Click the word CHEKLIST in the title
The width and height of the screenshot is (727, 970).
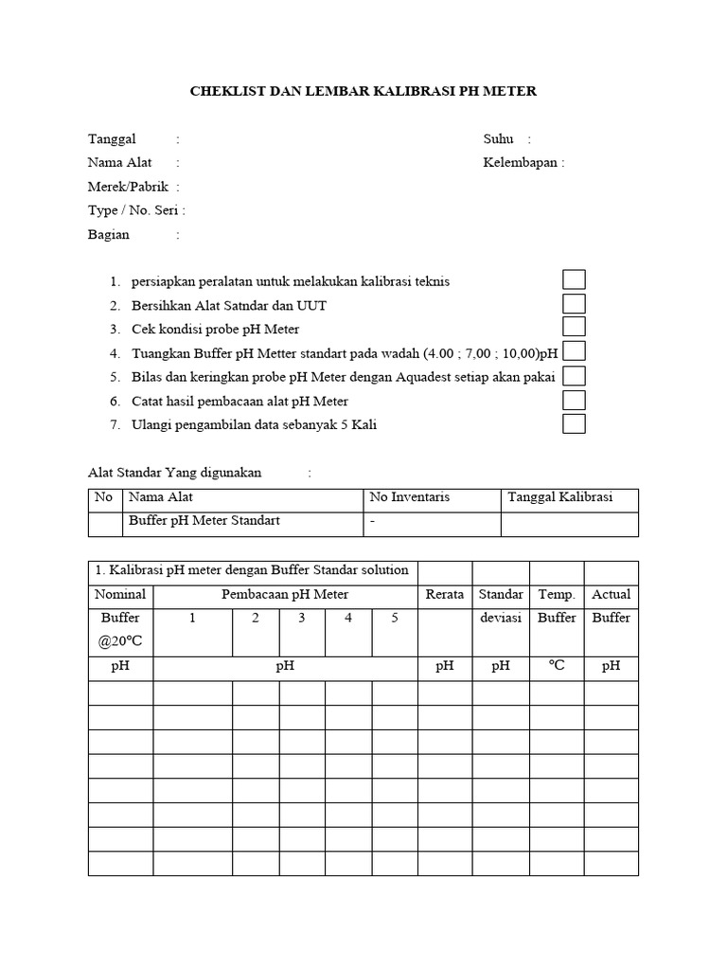225,92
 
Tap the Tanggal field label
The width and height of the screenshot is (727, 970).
112,139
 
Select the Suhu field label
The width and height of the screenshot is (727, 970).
498,139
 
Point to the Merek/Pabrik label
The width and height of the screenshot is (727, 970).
128,187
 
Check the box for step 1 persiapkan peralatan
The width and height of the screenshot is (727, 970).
574,279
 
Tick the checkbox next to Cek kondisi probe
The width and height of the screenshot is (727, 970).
574,328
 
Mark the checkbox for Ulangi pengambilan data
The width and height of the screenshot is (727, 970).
574,423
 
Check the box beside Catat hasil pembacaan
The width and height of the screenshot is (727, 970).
574,400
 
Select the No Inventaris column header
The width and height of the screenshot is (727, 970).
409,497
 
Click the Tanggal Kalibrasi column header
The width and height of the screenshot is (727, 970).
560,497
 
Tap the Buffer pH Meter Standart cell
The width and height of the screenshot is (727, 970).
204,521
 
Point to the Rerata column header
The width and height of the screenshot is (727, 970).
445,595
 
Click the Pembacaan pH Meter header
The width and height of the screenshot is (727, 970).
285,595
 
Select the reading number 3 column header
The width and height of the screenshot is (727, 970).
301,618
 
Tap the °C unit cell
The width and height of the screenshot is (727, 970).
557,666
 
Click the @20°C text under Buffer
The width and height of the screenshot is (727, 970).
120,641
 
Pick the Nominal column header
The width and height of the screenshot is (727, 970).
120,595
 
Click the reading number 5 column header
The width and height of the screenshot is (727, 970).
395,618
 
